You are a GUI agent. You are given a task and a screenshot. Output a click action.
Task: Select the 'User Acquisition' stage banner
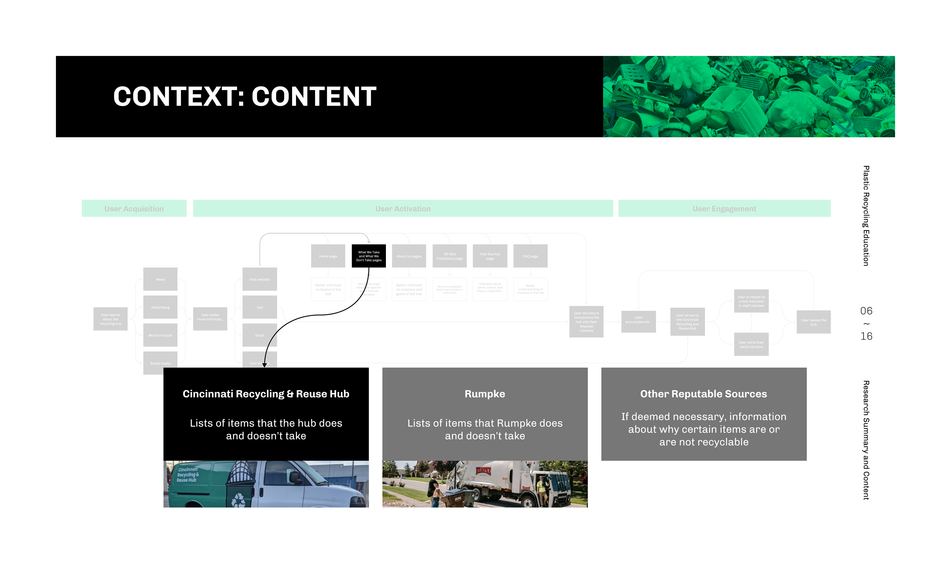[x=134, y=209]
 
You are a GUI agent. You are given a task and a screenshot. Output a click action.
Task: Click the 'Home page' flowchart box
[x=328, y=256]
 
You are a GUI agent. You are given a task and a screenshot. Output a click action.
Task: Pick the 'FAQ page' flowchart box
[x=530, y=256]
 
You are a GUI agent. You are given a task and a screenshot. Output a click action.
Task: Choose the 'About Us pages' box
[x=409, y=256]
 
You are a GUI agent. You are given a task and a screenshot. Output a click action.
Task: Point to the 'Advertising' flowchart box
[x=160, y=307]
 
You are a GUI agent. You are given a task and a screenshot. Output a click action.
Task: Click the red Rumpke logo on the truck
[x=483, y=471]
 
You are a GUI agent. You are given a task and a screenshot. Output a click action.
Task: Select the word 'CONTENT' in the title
[x=314, y=97]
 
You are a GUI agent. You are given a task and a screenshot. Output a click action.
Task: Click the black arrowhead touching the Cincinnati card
[x=264, y=365]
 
